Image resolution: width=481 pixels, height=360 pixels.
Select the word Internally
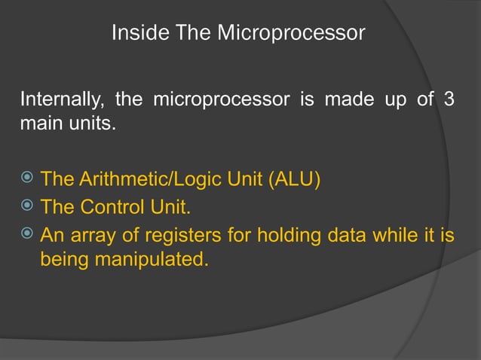click(x=63, y=99)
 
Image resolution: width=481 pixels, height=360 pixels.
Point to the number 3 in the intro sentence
click(x=449, y=99)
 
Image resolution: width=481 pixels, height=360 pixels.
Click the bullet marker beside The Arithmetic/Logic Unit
click(x=26, y=179)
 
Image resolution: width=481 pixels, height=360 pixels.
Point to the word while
click(x=397, y=236)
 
